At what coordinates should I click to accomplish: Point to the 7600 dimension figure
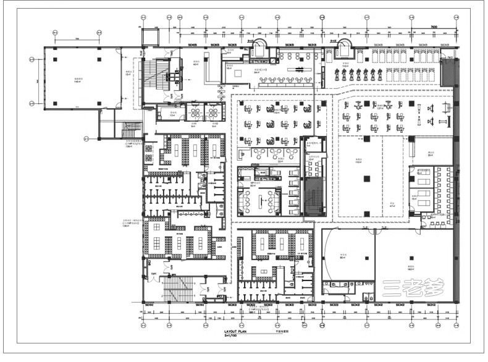[x=435, y=27]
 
